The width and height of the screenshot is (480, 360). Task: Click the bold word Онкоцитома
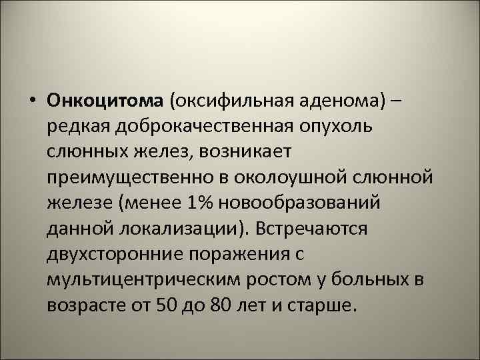pyautogui.click(x=105, y=100)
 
